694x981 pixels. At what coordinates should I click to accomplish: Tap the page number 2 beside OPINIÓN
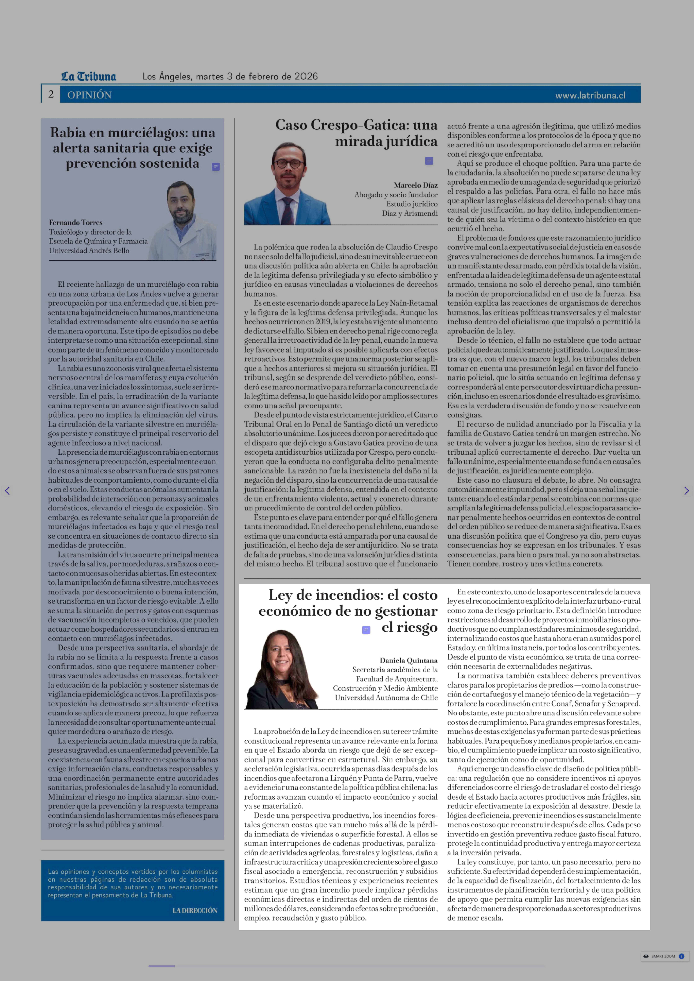(x=51, y=94)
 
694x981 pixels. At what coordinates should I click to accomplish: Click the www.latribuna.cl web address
(x=590, y=95)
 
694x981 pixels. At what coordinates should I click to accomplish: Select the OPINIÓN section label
(x=89, y=95)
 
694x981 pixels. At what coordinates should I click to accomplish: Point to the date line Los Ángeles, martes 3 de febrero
(x=230, y=76)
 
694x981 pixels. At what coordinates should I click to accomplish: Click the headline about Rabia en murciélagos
(x=132, y=148)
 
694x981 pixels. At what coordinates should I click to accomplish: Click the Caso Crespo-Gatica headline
(x=356, y=133)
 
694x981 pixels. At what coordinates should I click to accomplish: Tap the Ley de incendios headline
(x=348, y=611)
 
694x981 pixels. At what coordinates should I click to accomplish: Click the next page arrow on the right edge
(x=686, y=491)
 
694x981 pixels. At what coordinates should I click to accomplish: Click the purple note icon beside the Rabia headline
(x=216, y=167)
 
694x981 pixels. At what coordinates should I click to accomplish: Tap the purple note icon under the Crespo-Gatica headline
(x=429, y=161)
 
